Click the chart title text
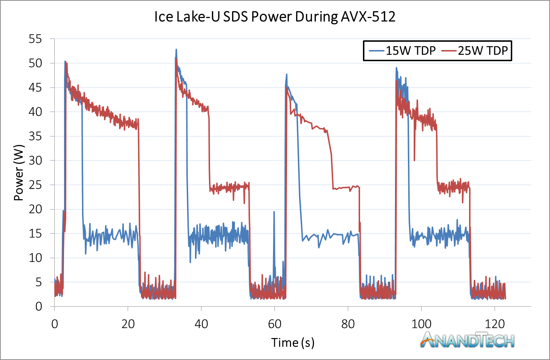pyautogui.click(x=275, y=17)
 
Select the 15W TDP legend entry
pyautogui.click(x=403, y=51)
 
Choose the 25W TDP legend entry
pyautogui.click(x=474, y=51)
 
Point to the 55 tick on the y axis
pyautogui.click(x=35, y=39)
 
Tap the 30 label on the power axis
pyautogui.click(x=35, y=161)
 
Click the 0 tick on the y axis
pyautogui.click(x=39, y=306)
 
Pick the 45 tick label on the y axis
pyautogui.click(x=35, y=87)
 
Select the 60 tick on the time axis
pyautogui.click(x=274, y=324)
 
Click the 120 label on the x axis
pyautogui.click(x=495, y=324)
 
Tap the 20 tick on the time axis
pyautogui.click(x=128, y=324)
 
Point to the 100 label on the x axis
pyautogui.click(x=421, y=324)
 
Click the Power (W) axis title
pyautogui.click(x=19, y=173)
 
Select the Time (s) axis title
pyautogui.click(x=293, y=343)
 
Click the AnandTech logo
pyautogui.click(x=467, y=340)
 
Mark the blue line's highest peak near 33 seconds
pyautogui.click(x=176, y=49)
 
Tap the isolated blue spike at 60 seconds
pyautogui.click(x=274, y=212)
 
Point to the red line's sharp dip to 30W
pyautogui.click(x=414, y=161)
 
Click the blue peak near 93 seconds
pyautogui.click(x=396, y=68)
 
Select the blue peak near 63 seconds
pyautogui.click(x=287, y=74)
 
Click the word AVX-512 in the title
pyautogui.click(x=368, y=17)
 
